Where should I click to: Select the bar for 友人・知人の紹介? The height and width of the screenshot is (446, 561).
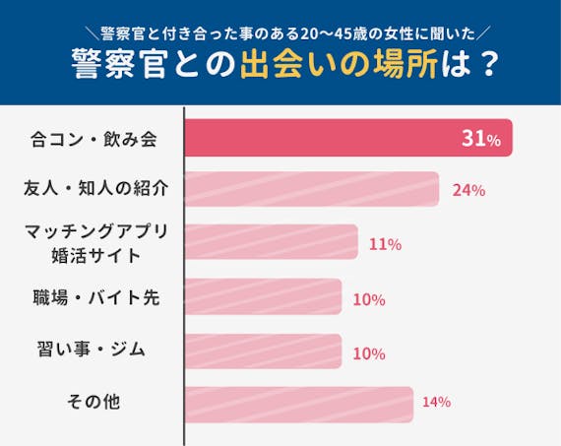click(x=311, y=189)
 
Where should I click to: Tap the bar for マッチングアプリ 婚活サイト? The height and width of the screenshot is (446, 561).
click(x=271, y=242)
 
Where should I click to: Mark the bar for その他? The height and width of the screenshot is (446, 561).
click(x=298, y=403)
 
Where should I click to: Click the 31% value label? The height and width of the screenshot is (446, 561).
click(x=481, y=139)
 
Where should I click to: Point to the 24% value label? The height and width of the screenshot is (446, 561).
click(x=468, y=190)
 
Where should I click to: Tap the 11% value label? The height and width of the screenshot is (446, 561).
click(x=384, y=244)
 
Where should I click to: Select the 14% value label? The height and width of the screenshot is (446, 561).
click(x=436, y=402)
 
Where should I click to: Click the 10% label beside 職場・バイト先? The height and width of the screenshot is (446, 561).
click(x=368, y=299)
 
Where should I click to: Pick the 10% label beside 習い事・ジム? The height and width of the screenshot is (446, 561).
click(x=368, y=351)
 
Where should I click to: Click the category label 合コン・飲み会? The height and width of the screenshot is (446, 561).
click(x=94, y=139)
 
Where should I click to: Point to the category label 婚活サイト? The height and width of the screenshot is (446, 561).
click(x=94, y=256)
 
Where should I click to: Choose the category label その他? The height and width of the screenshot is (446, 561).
click(x=94, y=401)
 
